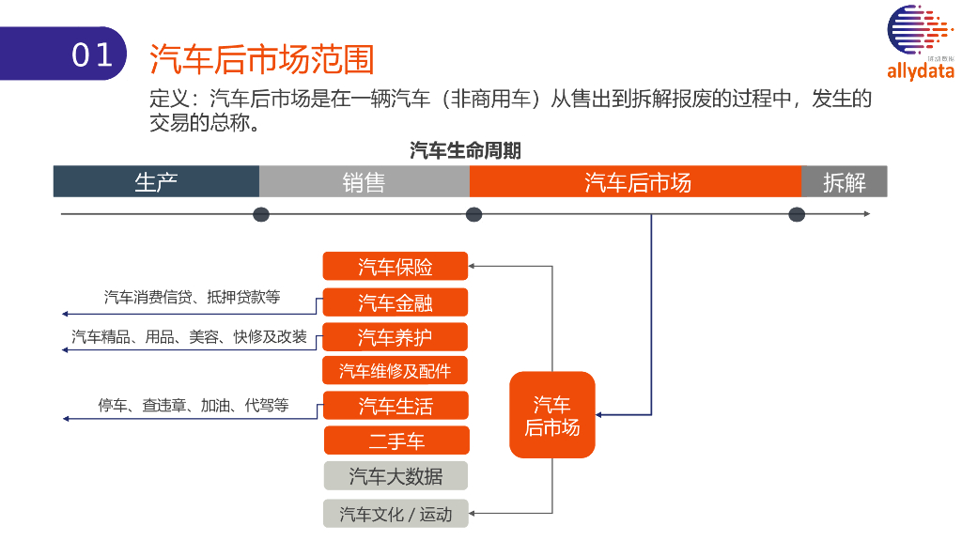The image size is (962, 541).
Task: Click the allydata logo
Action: (920, 43)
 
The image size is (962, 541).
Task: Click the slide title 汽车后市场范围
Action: (262, 59)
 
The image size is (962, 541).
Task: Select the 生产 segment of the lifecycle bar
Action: (156, 181)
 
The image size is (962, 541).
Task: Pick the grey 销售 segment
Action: (364, 181)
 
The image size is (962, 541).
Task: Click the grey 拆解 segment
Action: (844, 181)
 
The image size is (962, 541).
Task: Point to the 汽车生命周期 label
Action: (465, 150)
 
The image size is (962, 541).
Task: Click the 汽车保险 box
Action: (396, 267)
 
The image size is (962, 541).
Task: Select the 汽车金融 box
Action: (396, 301)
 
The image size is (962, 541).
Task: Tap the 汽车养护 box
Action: (396, 336)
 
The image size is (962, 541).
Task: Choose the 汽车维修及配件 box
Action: (396, 371)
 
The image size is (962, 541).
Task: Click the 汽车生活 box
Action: (396, 406)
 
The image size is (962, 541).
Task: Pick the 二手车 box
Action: (396, 441)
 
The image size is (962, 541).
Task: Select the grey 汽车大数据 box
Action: (396, 476)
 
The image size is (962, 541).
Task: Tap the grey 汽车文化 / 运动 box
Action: (396, 514)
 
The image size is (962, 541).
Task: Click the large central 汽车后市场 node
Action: (552, 415)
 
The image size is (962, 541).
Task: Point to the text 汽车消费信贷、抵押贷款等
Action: (192, 297)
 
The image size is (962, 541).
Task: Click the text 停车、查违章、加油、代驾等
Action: (194, 406)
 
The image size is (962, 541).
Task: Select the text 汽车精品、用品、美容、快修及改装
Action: (190, 336)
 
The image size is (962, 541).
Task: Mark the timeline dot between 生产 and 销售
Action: (261, 214)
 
